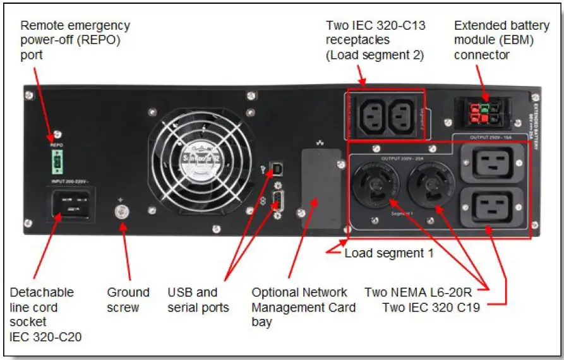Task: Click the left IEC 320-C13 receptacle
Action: click(373, 115)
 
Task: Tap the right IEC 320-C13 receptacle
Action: click(403, 115)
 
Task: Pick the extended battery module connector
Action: click(483, 109)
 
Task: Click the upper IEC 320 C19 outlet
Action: click(493, 162)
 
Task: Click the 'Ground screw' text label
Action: click(128, 300)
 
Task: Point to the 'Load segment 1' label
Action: click(388, 253)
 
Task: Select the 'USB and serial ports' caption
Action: click(198, 300)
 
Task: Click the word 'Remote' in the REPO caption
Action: click(40, 26)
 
